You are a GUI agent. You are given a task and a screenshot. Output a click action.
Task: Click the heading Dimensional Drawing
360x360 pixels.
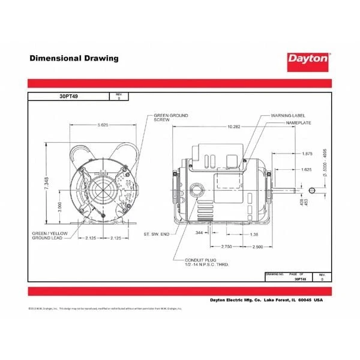point(74,59)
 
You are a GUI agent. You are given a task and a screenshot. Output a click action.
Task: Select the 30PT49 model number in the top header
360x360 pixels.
point(67,96)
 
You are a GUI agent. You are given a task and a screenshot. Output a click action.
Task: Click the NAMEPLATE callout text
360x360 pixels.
point(298,122)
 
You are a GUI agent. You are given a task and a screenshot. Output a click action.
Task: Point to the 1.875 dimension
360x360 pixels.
point(306,154)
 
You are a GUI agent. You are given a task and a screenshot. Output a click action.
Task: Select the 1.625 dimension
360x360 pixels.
point(306,170)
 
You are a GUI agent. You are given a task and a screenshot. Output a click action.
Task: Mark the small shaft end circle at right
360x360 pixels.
point(311,191)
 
